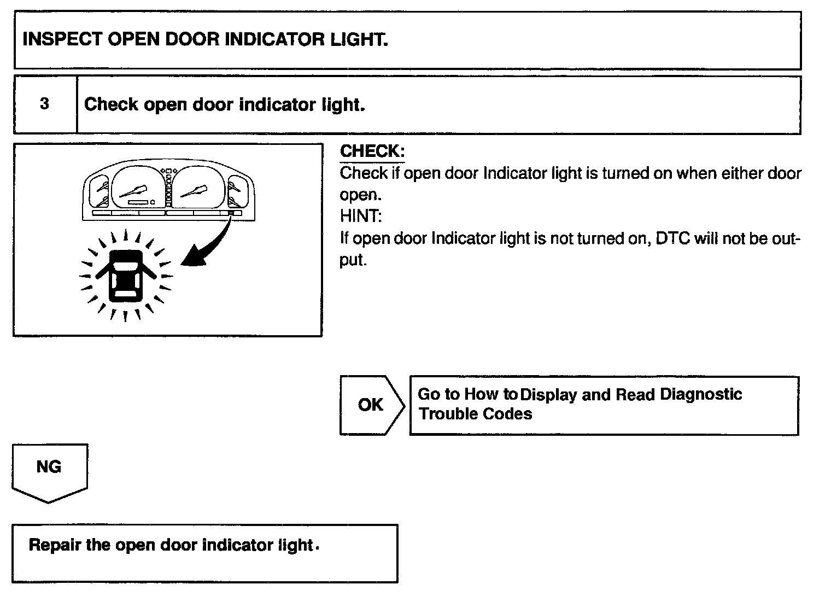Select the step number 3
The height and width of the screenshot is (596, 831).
click(45, 104)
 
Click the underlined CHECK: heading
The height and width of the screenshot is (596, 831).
click(372, 151)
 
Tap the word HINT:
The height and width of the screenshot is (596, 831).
click(361, 217)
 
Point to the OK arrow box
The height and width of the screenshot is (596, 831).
click(371, 405)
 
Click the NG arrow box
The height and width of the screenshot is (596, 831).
click(49, 468)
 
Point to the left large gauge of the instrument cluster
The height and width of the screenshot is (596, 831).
click(136, 188)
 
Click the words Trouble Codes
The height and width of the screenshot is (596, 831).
click(475, 414)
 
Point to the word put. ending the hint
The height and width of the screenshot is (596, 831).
click(353, 260)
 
